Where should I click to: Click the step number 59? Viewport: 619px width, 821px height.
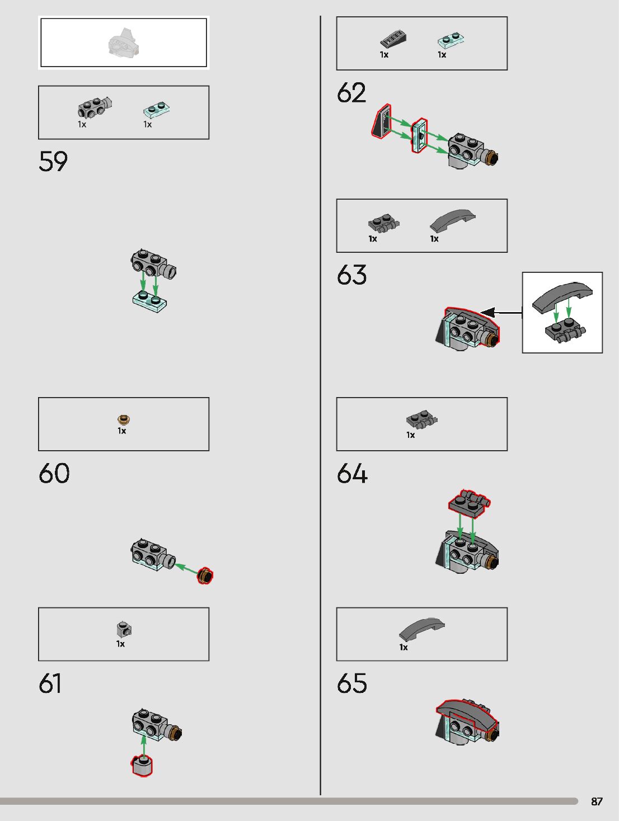(53, 162)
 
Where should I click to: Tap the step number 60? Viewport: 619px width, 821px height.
(54, 473)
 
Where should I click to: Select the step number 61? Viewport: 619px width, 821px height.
(50, 683)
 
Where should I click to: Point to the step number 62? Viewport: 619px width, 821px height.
(351, 93)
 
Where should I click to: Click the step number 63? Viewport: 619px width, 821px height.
(351, 275)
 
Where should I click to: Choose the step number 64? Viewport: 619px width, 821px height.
(352, 474)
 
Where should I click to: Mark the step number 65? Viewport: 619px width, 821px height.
(352, 683)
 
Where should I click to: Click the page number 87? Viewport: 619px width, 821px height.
(597, 801)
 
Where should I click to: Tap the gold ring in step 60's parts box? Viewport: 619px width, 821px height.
(124, 419)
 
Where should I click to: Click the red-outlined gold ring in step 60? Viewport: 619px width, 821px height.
(205, 575)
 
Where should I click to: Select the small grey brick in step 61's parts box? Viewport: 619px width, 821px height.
(124, 629)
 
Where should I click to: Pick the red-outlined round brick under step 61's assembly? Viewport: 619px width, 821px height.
(143, 766)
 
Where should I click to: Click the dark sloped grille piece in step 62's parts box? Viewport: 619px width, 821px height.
(393, 40)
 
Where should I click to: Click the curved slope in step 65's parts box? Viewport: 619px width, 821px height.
(422, 629)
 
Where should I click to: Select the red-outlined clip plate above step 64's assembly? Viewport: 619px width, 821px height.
(470, 502)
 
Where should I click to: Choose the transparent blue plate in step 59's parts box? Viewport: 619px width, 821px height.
(157, 109)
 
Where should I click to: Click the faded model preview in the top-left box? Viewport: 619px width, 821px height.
(123, 43)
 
